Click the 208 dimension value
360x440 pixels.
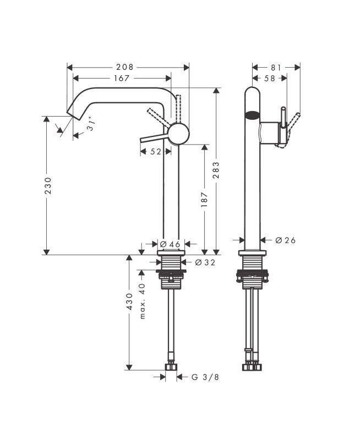click(x=126, y=67)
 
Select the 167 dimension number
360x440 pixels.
click(x=122, y=78)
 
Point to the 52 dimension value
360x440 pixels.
click(x=156, y=152)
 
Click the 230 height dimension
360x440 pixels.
click(x=48, y=185)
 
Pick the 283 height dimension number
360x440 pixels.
click(x=216, y=170)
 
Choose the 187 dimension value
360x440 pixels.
click(x=204, y=200)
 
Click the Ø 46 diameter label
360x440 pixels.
click(x=170, y=244)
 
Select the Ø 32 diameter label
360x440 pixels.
click(x=205, y=262)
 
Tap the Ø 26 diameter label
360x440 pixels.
click(x=285, y=240)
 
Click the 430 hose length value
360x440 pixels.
click(x=129, y=301)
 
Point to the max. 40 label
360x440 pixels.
click(x=143, y=301)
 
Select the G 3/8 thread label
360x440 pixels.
click(x=205, y=377)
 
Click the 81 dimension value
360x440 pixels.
click(x=276, y=68)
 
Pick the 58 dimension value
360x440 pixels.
click(x=270, y=78)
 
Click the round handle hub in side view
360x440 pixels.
click(x=178, y=134)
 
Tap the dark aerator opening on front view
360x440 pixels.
click(x=252, y=115)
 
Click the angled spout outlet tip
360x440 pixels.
click(x=70, y=114)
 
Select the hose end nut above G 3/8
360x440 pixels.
click(x=171, y=366)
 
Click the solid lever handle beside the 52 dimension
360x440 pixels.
click(x=155, y=137)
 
